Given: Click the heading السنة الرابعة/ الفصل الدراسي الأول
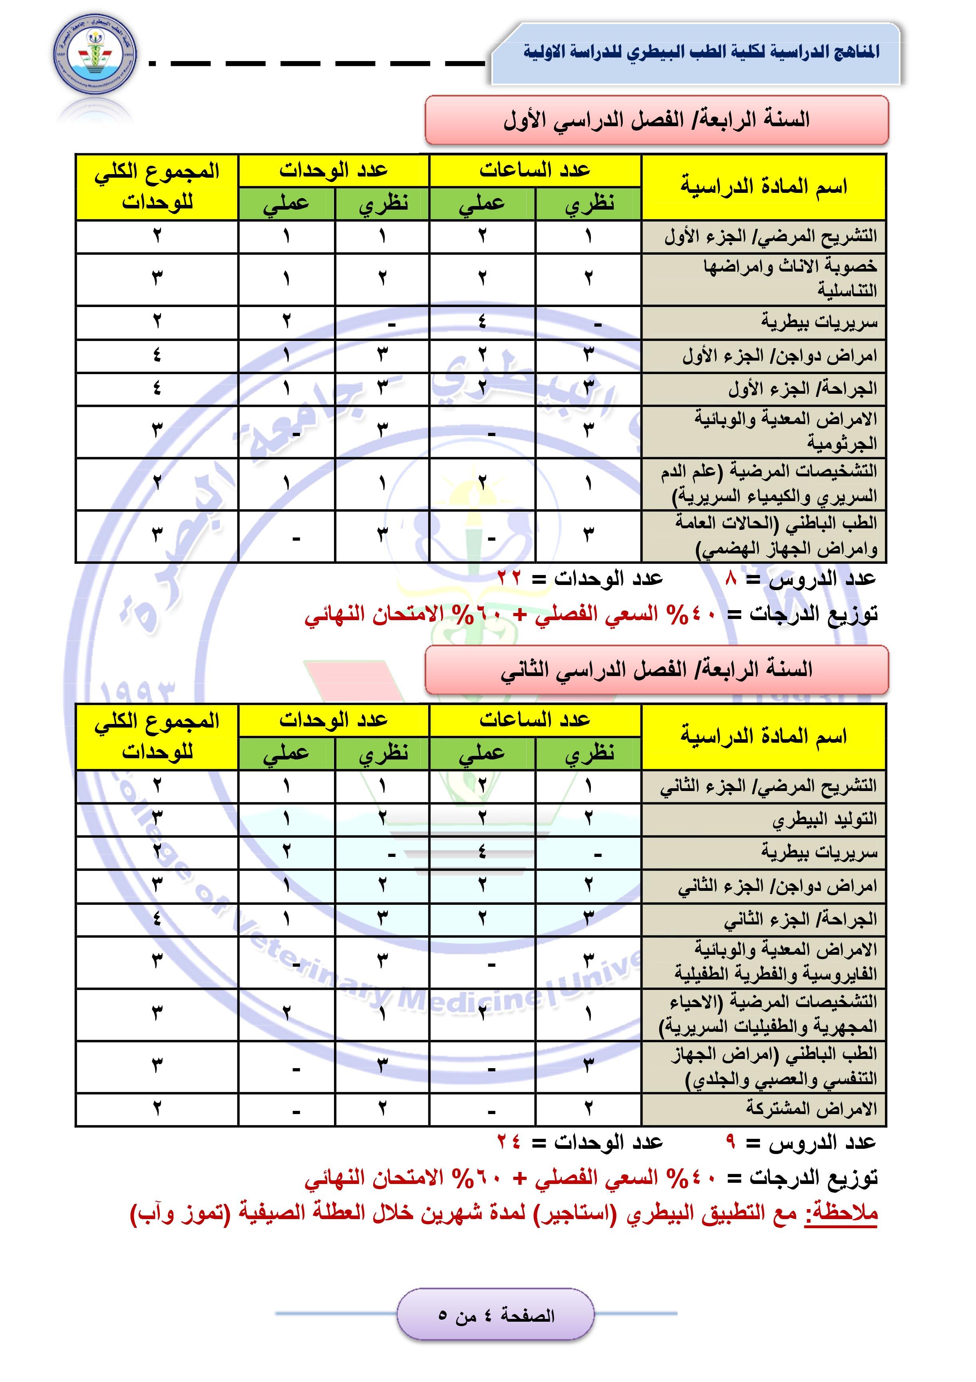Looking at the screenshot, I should coord(656,120).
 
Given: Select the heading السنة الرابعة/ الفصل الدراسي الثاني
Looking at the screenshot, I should coord(656,669).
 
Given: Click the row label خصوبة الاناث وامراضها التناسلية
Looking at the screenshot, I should coord(789,278).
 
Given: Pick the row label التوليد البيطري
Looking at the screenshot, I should coord(824,819).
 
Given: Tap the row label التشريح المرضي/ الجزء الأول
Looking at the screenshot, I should coord(770,236).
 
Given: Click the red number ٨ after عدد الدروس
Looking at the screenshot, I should coord(732,579).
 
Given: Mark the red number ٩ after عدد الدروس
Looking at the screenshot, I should coord(731,1142).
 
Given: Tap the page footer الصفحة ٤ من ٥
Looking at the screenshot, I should coord(495,1315).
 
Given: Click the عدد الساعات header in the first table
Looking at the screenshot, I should coord(535,171).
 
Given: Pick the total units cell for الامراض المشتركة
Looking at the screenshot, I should coord(157,1108).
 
